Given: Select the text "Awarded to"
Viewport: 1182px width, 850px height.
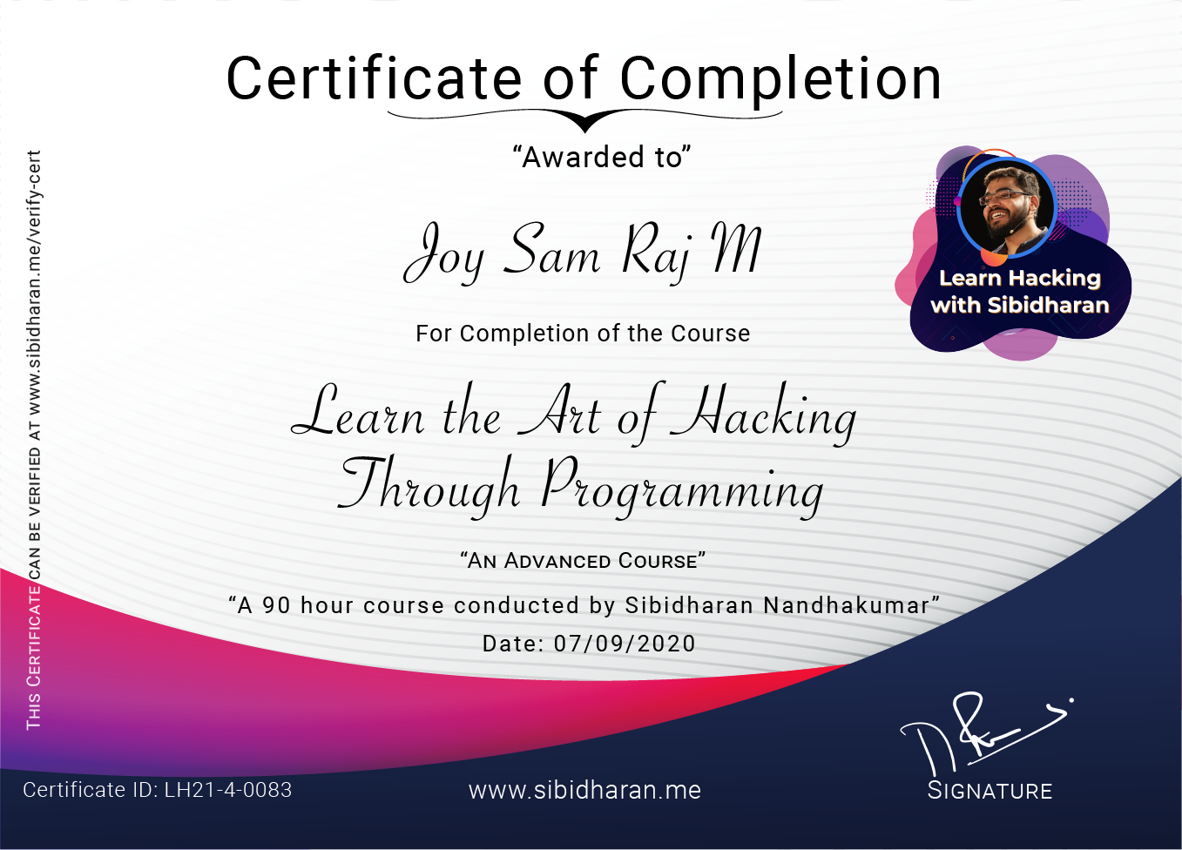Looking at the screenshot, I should tap(602, 158).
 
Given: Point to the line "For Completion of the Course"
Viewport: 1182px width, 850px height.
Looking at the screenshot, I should tap(583, 334).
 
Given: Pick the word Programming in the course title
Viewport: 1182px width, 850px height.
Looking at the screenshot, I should tap(681, 489).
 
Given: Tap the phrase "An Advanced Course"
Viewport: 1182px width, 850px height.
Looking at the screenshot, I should tap(583, 561).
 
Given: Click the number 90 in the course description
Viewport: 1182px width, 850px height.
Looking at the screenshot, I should tap(276, 605).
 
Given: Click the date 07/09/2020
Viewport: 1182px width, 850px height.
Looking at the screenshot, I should tap(625, 644).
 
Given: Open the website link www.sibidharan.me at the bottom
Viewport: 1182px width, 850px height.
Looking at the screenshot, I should tap(584, 790).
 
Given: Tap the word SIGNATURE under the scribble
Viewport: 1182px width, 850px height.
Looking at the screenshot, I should tap(990, 791).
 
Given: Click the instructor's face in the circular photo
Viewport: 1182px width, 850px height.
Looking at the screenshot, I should tap(1006, 206).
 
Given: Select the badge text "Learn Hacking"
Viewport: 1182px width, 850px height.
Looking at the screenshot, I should tap(1020, 279).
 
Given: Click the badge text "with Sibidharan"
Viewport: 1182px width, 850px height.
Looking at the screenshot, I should tap(1020, 306).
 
